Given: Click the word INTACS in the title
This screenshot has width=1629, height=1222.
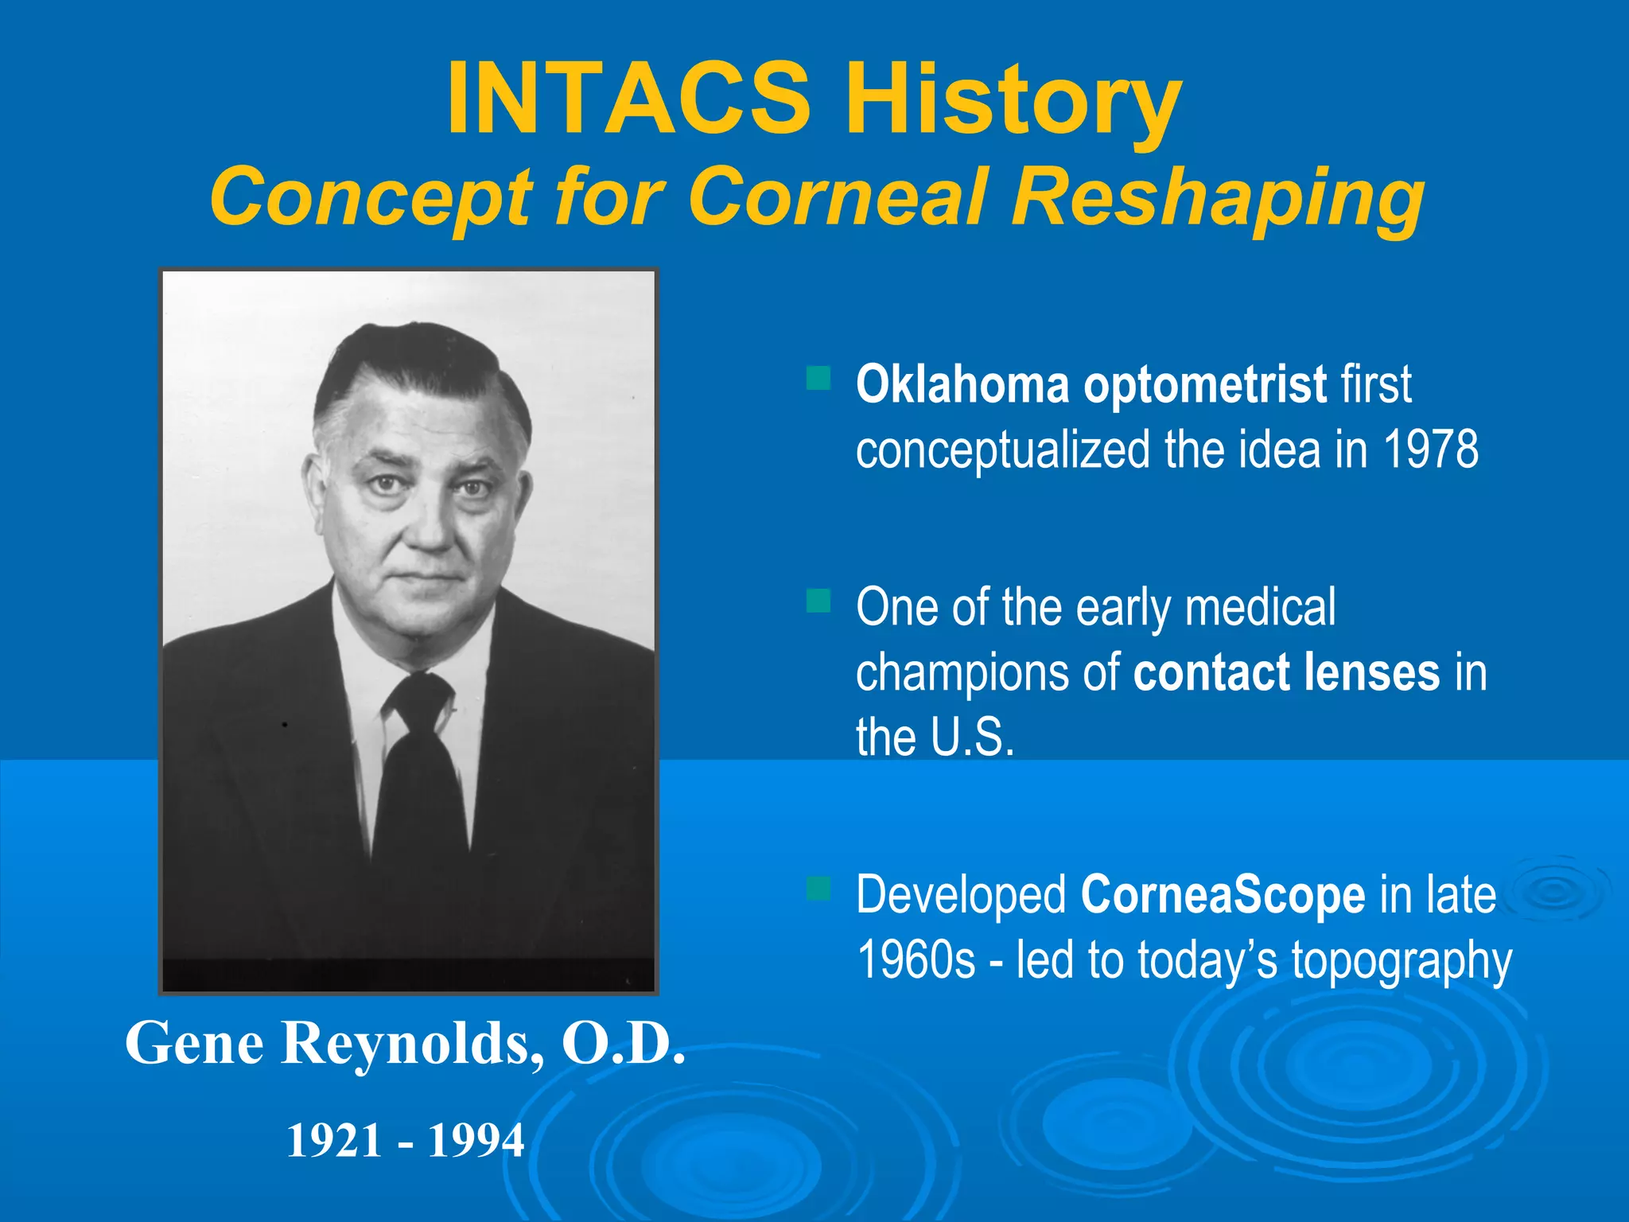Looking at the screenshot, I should tap(628, 99).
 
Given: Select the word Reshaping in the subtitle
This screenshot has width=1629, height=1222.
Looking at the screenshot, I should tap(1217, 199).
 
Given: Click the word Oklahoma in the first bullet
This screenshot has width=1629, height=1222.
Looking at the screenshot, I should tap(962, 384).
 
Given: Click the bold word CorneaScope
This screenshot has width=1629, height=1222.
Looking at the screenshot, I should tap(1223, 896).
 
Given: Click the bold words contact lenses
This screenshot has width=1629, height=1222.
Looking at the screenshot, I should tap(1286, 672).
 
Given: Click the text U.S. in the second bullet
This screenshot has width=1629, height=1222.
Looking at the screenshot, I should tap(972, 737).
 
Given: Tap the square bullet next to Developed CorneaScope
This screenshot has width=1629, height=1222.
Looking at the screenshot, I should tap(818, 888).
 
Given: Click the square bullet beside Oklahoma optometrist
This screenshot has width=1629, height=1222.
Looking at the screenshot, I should tap(818, 378).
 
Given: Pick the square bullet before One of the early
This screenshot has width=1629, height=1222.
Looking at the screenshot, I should tap(818, 601).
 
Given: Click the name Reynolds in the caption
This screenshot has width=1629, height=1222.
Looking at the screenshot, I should tap(406, 1043).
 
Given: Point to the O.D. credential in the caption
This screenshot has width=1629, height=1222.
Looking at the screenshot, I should tap(623, 1043).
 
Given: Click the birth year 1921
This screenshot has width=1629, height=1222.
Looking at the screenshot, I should tap(334, 1140).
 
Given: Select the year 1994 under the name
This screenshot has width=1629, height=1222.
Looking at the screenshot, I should tap(476, 1140).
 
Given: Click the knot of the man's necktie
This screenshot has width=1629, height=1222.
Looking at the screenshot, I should tap(419, 700).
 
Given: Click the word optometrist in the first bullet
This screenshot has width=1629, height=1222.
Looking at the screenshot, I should tap(1205, 386).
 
